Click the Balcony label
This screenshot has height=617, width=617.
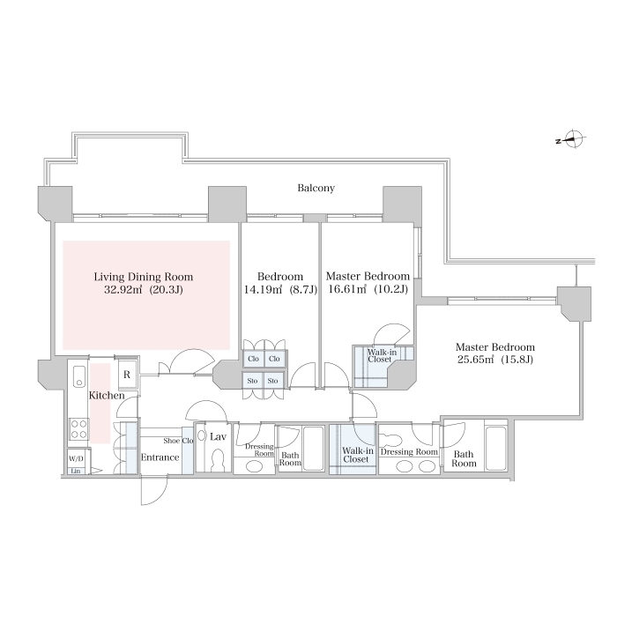316,188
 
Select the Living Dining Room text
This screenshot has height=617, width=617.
144,277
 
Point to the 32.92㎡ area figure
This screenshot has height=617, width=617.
123,290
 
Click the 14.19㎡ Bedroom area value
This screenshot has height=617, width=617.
264,290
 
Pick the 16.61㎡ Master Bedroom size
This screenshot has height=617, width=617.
347,290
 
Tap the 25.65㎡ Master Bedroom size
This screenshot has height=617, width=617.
475,360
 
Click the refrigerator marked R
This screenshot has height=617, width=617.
127,375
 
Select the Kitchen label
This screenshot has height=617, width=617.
107,396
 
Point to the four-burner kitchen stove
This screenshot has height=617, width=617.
78,429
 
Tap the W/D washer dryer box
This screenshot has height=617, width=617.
76,459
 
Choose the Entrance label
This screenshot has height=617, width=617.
160,457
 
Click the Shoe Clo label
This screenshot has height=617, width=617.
178,441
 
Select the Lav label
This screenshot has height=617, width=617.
218,436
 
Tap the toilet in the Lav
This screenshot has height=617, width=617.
217,460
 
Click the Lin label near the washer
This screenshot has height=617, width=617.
76,471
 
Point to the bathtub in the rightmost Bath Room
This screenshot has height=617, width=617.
495,448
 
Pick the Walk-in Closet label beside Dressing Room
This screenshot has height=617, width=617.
357,455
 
